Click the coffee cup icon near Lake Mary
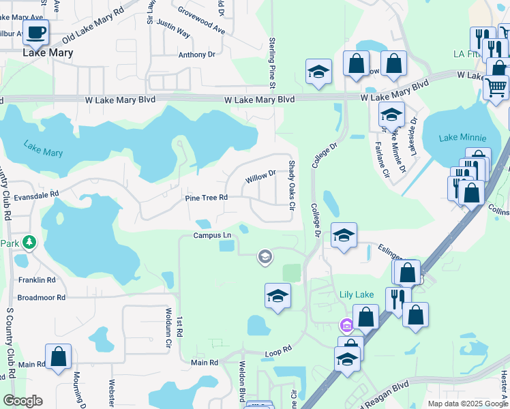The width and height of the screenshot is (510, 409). (37, 31)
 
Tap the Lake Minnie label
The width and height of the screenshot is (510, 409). (462, 138)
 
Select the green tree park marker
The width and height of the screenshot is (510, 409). (29, 242)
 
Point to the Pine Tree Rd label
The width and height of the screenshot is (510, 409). (206, 198)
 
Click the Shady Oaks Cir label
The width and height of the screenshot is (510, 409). (291, 185)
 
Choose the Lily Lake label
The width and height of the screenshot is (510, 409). (357, 294)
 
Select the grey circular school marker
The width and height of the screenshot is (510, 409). (265, 257)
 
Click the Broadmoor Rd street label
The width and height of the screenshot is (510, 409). (41, 298)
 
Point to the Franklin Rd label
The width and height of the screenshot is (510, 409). (37, 280)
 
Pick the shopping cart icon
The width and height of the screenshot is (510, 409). (496, 87)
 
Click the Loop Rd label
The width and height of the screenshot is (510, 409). (278, 351)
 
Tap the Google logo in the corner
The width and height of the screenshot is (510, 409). (22, 401)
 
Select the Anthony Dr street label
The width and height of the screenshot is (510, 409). (196, 55)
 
